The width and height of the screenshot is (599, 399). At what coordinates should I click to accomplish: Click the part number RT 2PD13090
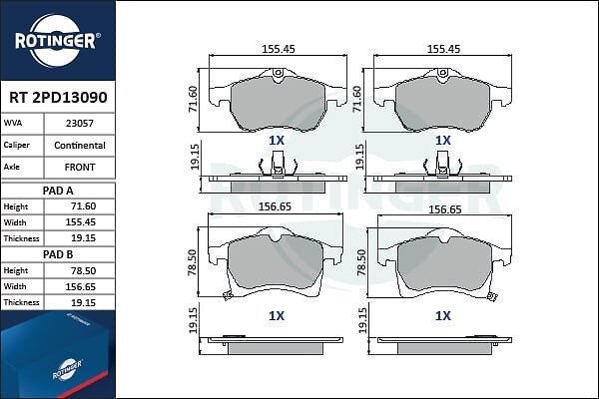(58, 98)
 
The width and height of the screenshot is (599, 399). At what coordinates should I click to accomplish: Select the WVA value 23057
(80, 124)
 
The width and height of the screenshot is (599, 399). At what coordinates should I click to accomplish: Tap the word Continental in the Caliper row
(80, 146)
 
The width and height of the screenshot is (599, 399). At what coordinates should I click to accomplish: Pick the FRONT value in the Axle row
(80, 168)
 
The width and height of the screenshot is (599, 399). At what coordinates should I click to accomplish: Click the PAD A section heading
(58, 191)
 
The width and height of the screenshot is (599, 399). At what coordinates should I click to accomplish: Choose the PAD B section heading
(58, 254)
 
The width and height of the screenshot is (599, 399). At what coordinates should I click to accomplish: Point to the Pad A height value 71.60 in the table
(83, 206)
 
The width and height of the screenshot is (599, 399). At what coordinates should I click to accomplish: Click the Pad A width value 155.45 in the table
(80, 222)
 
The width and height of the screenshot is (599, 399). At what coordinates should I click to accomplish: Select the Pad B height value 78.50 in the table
(83, 270)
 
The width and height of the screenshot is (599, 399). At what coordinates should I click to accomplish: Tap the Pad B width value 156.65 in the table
(80, 286)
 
